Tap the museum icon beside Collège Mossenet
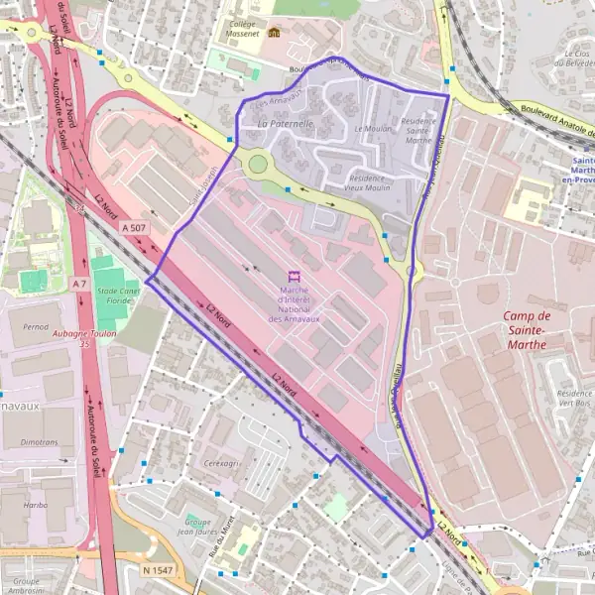[x=274, y=33]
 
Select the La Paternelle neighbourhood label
[x=285, y=124]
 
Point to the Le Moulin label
[x=371, y=129]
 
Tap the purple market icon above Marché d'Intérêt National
[x=294, y=276]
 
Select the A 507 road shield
[x=132, y=227]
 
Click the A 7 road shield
[x=79, y=284]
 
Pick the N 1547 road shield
[x=157, y=570]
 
